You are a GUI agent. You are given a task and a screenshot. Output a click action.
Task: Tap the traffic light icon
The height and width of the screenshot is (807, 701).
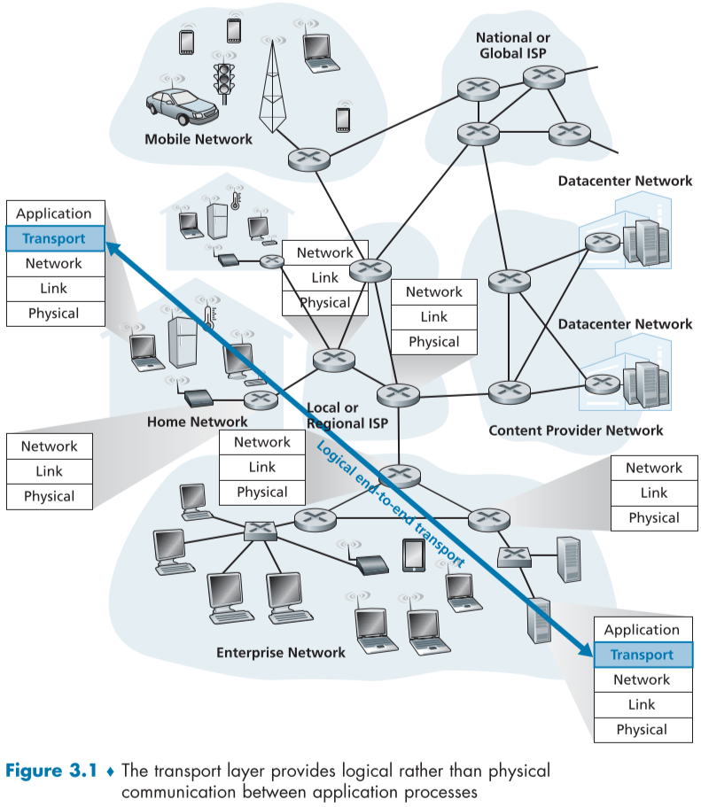[223, 79]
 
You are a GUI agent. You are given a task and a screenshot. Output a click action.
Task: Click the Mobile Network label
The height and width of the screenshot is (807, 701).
[199, 139]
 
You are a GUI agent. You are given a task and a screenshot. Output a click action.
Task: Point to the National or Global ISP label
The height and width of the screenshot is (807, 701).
[513, 45]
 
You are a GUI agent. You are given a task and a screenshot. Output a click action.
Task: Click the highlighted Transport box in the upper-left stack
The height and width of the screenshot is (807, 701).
[54, 238]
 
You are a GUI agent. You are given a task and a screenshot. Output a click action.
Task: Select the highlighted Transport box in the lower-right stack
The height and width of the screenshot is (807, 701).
[642, 655]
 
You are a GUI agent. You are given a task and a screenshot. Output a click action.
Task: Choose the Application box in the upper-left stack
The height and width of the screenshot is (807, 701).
[54, 213]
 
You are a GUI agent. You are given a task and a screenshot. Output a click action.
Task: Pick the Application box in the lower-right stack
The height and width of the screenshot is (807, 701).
[642, 630]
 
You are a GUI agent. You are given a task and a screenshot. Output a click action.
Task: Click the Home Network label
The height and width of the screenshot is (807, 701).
[198, 422]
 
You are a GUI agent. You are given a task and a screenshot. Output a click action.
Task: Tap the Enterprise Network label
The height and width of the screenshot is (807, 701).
[281, 653]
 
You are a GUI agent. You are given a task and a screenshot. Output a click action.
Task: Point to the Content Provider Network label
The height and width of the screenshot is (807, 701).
[575, 431]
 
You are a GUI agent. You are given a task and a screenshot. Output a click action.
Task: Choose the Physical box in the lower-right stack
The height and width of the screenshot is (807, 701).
[642, 729]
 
